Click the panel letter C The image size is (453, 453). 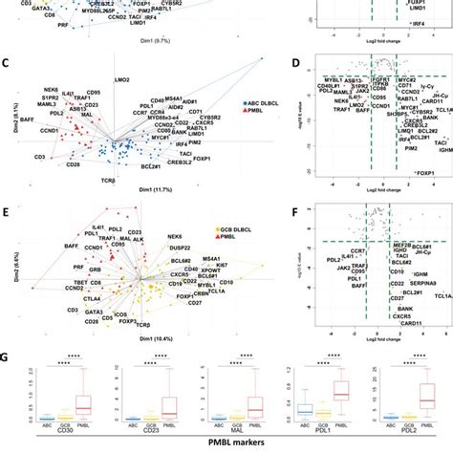point(7,64)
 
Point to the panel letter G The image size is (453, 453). point(7,335)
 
